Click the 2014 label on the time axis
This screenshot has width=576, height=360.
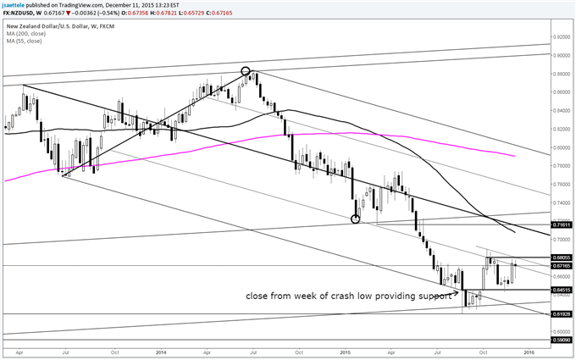click(x=161, y=351)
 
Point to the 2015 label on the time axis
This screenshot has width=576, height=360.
click(x=345, y=351)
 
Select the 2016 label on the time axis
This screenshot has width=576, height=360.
click(x=529, y=351)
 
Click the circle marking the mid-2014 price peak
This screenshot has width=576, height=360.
click(x=246, y=72)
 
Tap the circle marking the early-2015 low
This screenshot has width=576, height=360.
click(x=356, y=219)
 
